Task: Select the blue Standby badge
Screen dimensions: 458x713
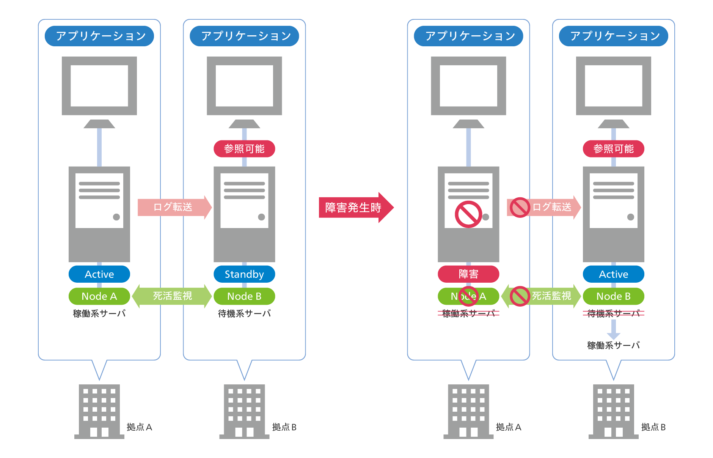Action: point(244,274)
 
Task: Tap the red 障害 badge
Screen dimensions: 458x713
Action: point(468,274)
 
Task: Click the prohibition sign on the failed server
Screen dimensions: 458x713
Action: point(468,214)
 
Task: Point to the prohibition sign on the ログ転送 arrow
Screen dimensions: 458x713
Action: point(520,207)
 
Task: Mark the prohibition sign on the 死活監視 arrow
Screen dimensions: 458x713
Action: point(520,296)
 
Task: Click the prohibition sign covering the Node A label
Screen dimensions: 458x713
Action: point(468,296)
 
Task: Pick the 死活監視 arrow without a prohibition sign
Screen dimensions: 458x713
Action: point(172,296)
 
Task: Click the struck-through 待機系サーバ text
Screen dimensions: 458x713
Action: point(613,313)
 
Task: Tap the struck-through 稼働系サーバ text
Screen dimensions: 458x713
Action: point(468,313)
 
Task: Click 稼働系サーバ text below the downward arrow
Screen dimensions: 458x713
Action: point(613,345)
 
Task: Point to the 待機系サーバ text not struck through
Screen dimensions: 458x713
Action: point(244,313)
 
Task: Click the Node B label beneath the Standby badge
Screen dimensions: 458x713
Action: point(244,296)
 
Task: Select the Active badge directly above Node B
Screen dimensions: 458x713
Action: point(613,274)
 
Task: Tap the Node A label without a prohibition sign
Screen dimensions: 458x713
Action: point(99,296)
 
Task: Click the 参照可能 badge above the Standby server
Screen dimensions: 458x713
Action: point(244,149)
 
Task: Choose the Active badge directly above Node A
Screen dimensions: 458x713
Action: point(99,274)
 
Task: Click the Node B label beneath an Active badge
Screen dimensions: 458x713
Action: point(613,296)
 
